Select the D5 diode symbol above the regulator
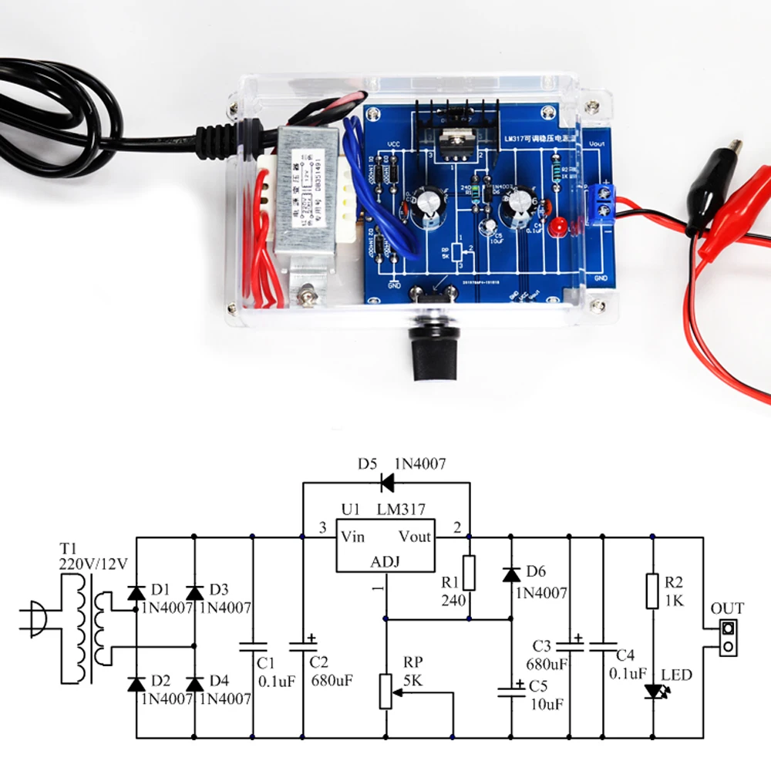386,483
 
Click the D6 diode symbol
510,574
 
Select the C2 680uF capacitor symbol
302,645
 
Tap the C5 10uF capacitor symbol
510,688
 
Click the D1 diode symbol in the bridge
136,592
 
